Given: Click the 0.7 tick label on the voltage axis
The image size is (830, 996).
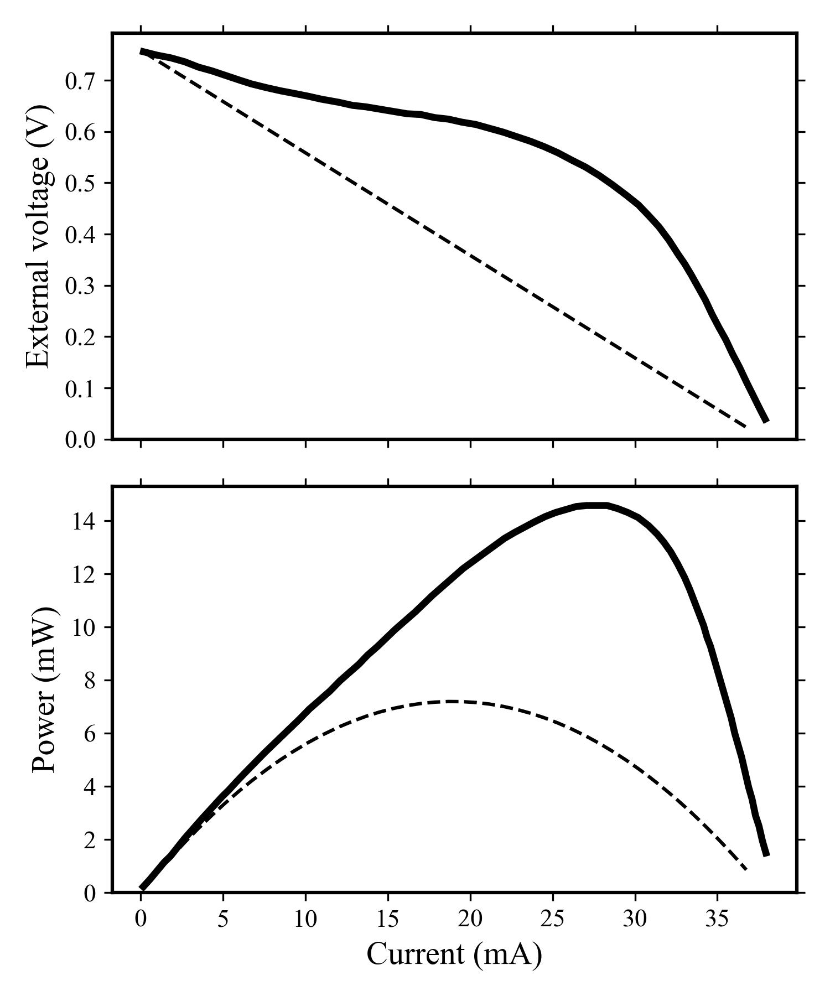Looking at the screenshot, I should coord(81,81).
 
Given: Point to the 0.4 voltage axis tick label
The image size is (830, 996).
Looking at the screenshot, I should coord(81,235).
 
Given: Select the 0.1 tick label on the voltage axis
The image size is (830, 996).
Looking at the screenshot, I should coord(81,389).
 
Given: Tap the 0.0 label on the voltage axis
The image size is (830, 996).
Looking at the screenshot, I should coord(81,440).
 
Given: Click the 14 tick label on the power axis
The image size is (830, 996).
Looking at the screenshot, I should coord(84,521).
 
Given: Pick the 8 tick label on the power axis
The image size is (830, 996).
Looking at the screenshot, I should coord(90,681).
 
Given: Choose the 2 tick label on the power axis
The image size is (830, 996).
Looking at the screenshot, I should coord(90,840).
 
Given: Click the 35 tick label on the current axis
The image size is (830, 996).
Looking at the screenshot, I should coord(717,919).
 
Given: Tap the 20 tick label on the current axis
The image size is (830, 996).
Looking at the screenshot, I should coord(470,919).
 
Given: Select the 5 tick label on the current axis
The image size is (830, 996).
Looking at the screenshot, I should coord(223,919).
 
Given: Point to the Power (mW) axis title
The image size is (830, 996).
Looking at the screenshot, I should coord(44,689).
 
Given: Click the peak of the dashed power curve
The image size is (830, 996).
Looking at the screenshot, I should coord(451,701).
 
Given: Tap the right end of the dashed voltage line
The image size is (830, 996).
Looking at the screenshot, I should coord(746,427).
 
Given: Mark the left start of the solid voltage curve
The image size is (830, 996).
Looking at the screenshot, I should coord(142,51).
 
